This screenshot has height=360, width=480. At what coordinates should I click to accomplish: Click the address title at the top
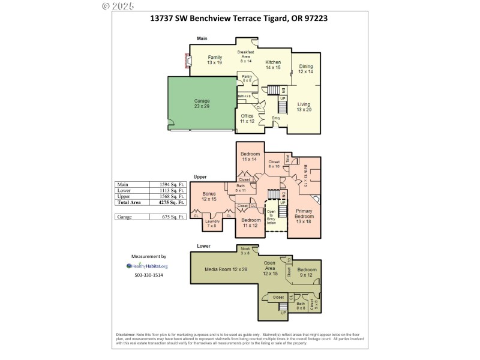pyautogui.click(x=238, y=19)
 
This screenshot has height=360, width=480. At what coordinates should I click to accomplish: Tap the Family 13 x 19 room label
pyautogui.click(x=215, y=60)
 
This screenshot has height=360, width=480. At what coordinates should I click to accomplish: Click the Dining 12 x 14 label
pyautogui.click(x=305, y=69)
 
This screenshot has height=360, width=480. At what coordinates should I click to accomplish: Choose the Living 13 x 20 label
pyautogui.click(x=304, y=107)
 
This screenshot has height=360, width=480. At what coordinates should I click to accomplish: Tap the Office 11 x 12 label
pyautogui.click(x=247, y=119)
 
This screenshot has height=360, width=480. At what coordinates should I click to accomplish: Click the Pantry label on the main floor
pyautogui.click(x=247, y=78)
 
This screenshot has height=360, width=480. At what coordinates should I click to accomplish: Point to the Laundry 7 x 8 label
pyautogui.click(x=212, y=224)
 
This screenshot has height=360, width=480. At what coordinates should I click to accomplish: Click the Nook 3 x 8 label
pyautogui.click(x=245, y=250)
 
